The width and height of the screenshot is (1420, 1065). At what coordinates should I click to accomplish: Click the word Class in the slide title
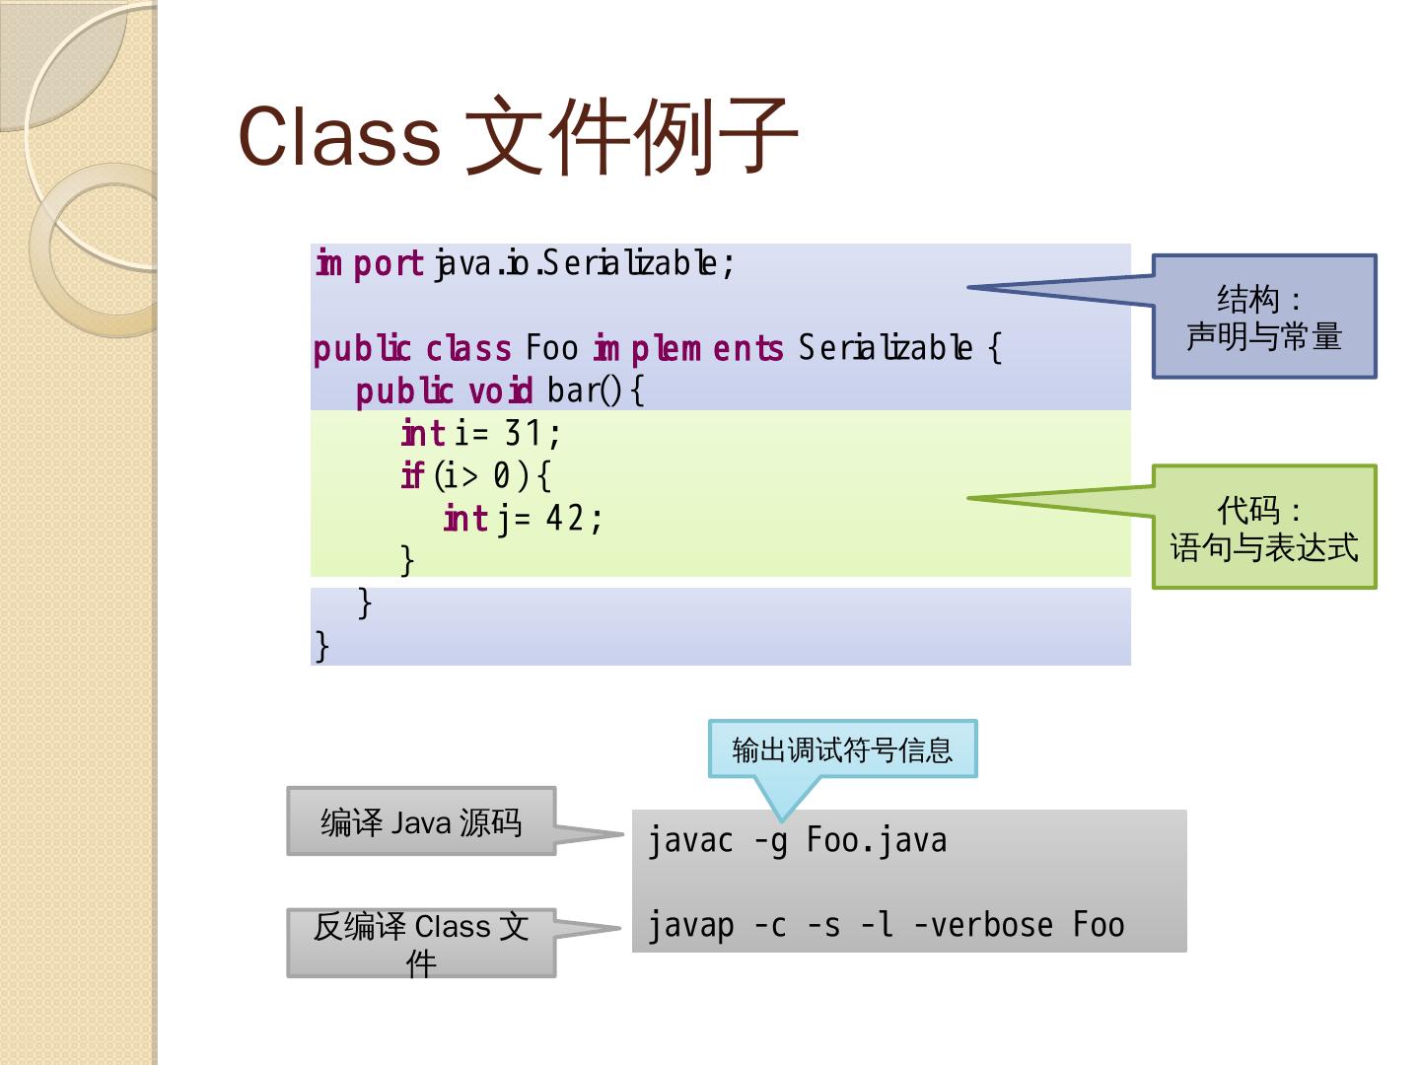click(x=339, y=136)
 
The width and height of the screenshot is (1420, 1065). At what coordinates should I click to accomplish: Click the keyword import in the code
click(x=370, y=263)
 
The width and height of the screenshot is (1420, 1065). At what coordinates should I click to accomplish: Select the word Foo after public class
click(x=551, y=348)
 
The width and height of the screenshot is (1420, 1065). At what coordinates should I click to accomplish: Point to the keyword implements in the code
click(x=688, y=348)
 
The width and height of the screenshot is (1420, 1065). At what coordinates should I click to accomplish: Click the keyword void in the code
click(x=500, y=391)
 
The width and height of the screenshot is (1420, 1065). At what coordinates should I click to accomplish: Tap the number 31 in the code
click(x=524, y=433)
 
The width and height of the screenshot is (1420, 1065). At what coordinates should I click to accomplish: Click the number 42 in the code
click(x=565, y=518)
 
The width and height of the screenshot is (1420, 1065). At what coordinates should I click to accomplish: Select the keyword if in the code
click(x=412, y=475)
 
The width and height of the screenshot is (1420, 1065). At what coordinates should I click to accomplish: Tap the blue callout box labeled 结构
click(x=1264, y=317)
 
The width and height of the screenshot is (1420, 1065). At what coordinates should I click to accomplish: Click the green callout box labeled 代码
click(x=1264, y=528)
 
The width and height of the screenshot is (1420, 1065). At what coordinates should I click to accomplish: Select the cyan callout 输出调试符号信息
click(x=842, y=749)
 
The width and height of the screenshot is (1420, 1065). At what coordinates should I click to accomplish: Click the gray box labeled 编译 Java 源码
click(x=421, y=821)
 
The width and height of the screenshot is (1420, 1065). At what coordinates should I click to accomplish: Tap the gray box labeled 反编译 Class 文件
click(x=421, y=943)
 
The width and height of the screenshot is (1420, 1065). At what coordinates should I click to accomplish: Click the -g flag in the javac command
click(x=770, y=841)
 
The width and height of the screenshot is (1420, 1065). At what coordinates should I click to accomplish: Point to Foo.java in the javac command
click(x=877, y=841)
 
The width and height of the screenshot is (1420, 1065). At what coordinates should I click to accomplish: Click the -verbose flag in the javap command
click(x=971, y=925)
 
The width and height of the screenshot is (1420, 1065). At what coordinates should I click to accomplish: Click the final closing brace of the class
click(x=321, y=645)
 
